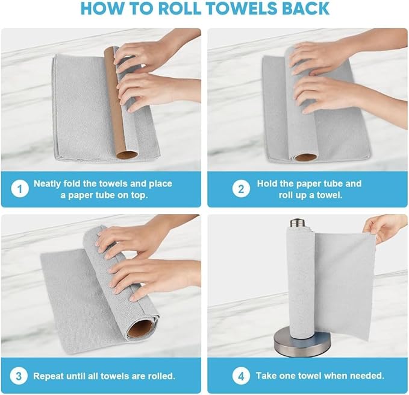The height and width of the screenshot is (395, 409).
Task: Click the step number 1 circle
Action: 20,189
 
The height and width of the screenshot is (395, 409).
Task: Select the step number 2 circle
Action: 241,189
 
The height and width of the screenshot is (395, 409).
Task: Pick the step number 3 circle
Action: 20,376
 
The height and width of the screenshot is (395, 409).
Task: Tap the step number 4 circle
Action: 241,376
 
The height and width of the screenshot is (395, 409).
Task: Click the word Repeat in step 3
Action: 48,376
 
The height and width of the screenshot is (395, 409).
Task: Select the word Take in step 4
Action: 266,376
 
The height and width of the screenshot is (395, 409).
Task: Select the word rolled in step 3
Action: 161,376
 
